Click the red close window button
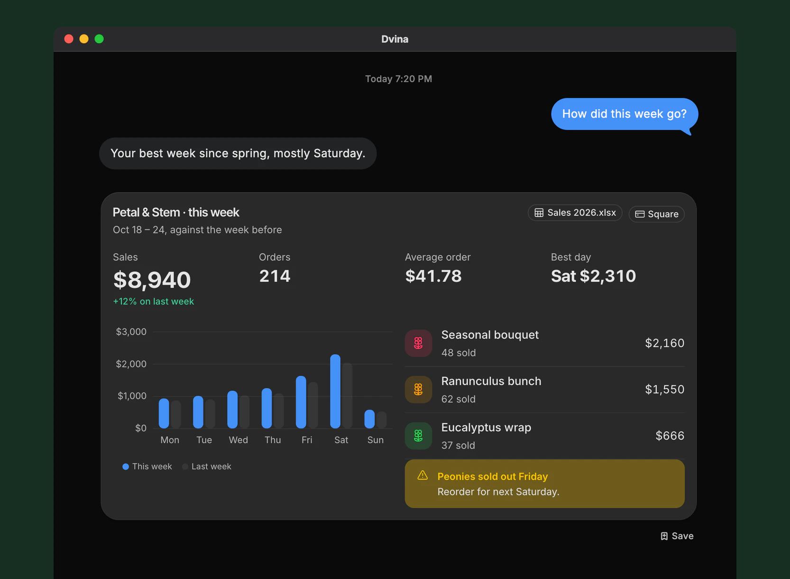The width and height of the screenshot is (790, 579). pyautogui.click(x=69, y=39)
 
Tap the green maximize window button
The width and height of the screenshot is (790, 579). pyautogui.click(x=99, y=39)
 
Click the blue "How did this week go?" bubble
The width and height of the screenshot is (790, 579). pyautogui.click(x=624, y=114)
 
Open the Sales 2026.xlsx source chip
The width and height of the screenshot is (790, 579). pyautogui.click(x=575, y=213)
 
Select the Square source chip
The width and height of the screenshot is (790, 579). pyautogui.click(x=656, y=214)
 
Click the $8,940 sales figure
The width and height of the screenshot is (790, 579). pyautogui.click(x=152, y=280)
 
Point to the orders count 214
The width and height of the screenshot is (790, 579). pyautogui.click(x=275, y=276)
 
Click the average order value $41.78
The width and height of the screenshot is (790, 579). pyautogui.click(x=433, y=276)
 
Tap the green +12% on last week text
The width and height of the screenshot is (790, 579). pyautogui.click(x=154, y=301)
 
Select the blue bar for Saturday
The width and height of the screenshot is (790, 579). pyautogui.click(x=335, y=391)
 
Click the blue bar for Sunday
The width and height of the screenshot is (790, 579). pyautogui.click(x=369, y=419)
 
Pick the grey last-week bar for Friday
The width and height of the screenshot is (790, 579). pyautogui.click(x=313, y=405)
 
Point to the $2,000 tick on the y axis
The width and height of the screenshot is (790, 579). pyautogui.click(x=131, y=364)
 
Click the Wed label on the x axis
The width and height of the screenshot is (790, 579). pyautogui.click(x=239, y=440)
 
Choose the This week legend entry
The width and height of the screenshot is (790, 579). pyautogui.click(x=147, y=467)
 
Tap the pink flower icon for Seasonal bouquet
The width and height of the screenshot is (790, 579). pyautogui.click(x=418, y=343)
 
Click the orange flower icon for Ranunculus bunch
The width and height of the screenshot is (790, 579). pyautogui.click(x=418, y=390)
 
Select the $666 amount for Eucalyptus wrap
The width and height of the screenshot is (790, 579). pyautogui.click(x=670, y=436)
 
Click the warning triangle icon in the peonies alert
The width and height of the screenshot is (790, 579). pyautogui.click(x=423, y=475)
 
